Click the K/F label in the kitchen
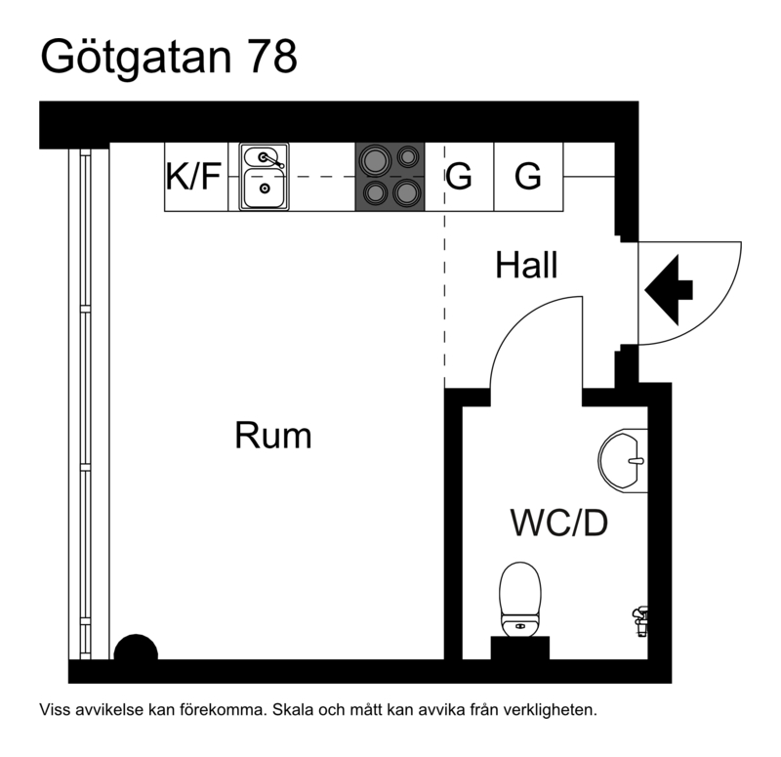(195, 177)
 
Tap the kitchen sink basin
(263, 188)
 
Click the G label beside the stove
(459, 177)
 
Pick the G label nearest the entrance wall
(528, 177)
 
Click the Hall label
(526, 265)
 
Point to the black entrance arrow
(670, 289)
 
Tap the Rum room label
(273, 435)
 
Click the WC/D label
(558, 524)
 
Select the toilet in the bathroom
(519, 597)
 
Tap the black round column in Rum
(136, 650)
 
